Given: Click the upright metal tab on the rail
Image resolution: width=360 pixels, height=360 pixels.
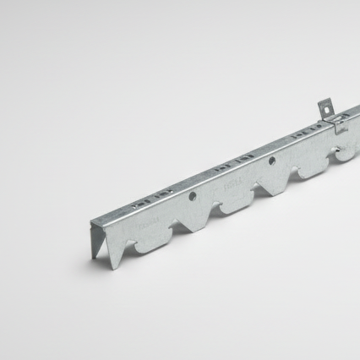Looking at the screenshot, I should click(x=325, y=112).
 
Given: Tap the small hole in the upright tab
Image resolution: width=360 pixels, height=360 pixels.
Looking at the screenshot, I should click(x=325, y=107).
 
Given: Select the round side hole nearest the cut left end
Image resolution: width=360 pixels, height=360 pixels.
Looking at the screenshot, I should click(x=193, y=196).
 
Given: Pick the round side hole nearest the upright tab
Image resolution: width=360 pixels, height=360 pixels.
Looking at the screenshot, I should click(x=272, y=161).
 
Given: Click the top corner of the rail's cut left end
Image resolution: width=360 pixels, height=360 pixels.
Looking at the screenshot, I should click(x=92, y=222).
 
